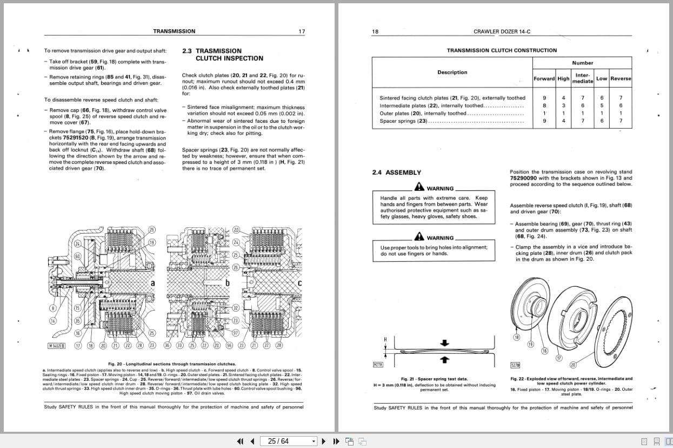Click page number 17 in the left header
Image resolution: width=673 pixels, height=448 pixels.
click(302, 31)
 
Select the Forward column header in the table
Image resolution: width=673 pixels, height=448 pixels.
click(544, 78)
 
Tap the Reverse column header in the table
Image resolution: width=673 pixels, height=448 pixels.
click(621, 78)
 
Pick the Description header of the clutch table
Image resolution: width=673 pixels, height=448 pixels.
click(452, 73)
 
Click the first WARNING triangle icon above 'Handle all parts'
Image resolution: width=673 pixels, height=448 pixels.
click(419, 187)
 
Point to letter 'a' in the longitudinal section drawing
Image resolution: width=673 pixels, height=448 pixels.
click(153, 283)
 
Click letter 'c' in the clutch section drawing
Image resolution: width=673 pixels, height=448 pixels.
click(299, 283)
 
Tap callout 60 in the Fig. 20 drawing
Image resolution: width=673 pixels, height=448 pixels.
click(77, 256)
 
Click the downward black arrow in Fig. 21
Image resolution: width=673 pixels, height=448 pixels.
click(445, 343)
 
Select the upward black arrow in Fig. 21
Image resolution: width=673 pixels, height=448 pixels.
click(445, 359)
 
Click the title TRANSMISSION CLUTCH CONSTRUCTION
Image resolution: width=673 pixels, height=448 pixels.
click(501, 50)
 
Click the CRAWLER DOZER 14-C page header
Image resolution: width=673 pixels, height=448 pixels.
click(502, 31)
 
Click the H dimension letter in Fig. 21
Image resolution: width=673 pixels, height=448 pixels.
click(385, 339)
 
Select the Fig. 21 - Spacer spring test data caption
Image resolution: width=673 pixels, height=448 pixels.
click(434, 379)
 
